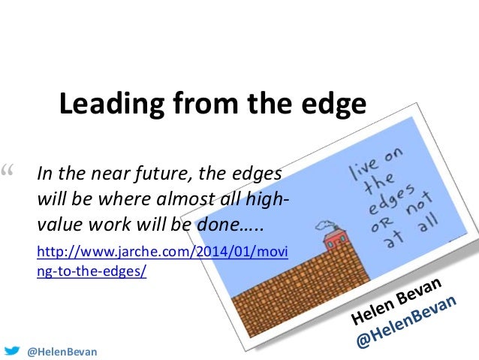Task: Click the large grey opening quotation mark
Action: [x=10, y=174]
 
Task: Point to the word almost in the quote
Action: [x=178, y=201]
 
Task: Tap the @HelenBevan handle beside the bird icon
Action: [x=62, y=351]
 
